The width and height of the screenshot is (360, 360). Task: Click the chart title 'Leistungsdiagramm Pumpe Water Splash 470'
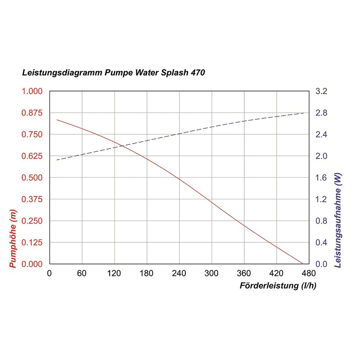[x=113, y=73]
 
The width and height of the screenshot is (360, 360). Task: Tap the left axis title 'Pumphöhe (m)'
[x=13, y=238]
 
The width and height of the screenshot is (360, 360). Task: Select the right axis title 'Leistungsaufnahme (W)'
[x=338, y=220]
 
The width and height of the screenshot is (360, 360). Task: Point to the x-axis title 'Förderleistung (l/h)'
[x=278, y=286]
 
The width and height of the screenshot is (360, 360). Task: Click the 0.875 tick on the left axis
[x=32, y=113]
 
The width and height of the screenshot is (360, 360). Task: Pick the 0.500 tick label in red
[x=32, y=177]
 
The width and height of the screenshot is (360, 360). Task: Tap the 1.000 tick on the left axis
[x=32, y=91]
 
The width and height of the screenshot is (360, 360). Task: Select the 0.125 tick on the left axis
[x=32, y=242]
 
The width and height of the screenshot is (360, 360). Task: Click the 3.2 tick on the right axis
[x=321, y=91]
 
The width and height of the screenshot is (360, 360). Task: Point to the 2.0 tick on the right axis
[x=321, y=156]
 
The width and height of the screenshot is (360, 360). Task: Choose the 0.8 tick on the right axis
[x=321, y=220]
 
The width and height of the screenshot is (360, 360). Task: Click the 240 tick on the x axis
[x=179, y=273]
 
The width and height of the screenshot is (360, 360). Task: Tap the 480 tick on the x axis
[x=309, y=273]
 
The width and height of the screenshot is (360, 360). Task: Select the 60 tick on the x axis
[x=82, y=273]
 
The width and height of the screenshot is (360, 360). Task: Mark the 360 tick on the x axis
[x=244, y=273]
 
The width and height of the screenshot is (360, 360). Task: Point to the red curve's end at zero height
[x=303, y=264]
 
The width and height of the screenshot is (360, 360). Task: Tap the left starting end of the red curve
[x=57, y=120]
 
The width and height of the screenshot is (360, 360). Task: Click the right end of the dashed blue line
[x=305, y=113]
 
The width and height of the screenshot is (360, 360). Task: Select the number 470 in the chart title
[x=198, y=73]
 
